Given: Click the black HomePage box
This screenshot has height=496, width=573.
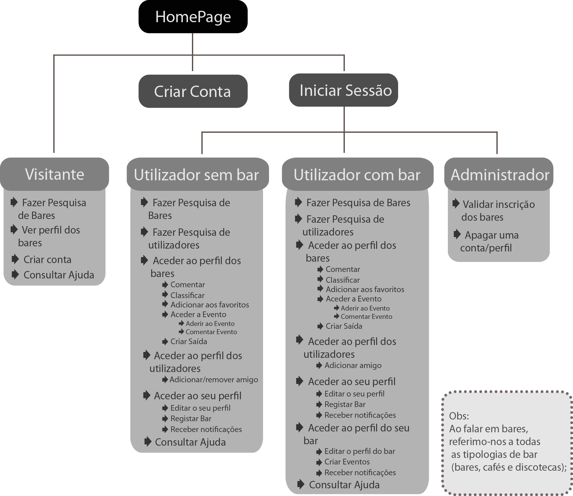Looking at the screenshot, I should point(193,17).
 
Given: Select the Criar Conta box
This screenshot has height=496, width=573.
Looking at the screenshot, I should point(193,91).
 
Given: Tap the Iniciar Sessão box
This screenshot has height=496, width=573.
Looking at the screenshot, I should point(344,90).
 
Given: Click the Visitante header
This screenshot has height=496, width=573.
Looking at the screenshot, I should point(55,174).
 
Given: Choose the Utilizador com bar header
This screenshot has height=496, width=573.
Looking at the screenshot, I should point(357,175).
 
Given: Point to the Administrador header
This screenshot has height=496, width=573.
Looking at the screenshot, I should point(499,175).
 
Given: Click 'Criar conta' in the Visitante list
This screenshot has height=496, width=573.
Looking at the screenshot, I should point(47,259).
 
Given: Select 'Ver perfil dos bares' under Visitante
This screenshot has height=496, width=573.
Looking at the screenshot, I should point(51,236).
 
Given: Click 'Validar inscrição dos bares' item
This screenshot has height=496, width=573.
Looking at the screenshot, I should point(498,210).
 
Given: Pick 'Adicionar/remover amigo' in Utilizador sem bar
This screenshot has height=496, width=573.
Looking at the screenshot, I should point(214,380).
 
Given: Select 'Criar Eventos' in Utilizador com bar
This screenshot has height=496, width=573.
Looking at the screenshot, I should point(347,462).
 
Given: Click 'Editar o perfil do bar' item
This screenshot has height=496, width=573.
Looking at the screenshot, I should point(360,451).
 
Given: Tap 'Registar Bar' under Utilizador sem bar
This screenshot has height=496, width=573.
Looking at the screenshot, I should point(191,418).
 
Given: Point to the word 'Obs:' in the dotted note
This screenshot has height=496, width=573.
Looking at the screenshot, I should point(459,416).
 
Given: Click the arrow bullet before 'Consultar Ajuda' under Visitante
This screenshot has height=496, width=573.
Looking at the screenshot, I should point(15,274).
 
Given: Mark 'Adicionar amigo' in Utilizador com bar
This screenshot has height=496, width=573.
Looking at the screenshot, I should point(353,365).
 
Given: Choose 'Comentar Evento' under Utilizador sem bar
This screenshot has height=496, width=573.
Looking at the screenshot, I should point(211,332).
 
